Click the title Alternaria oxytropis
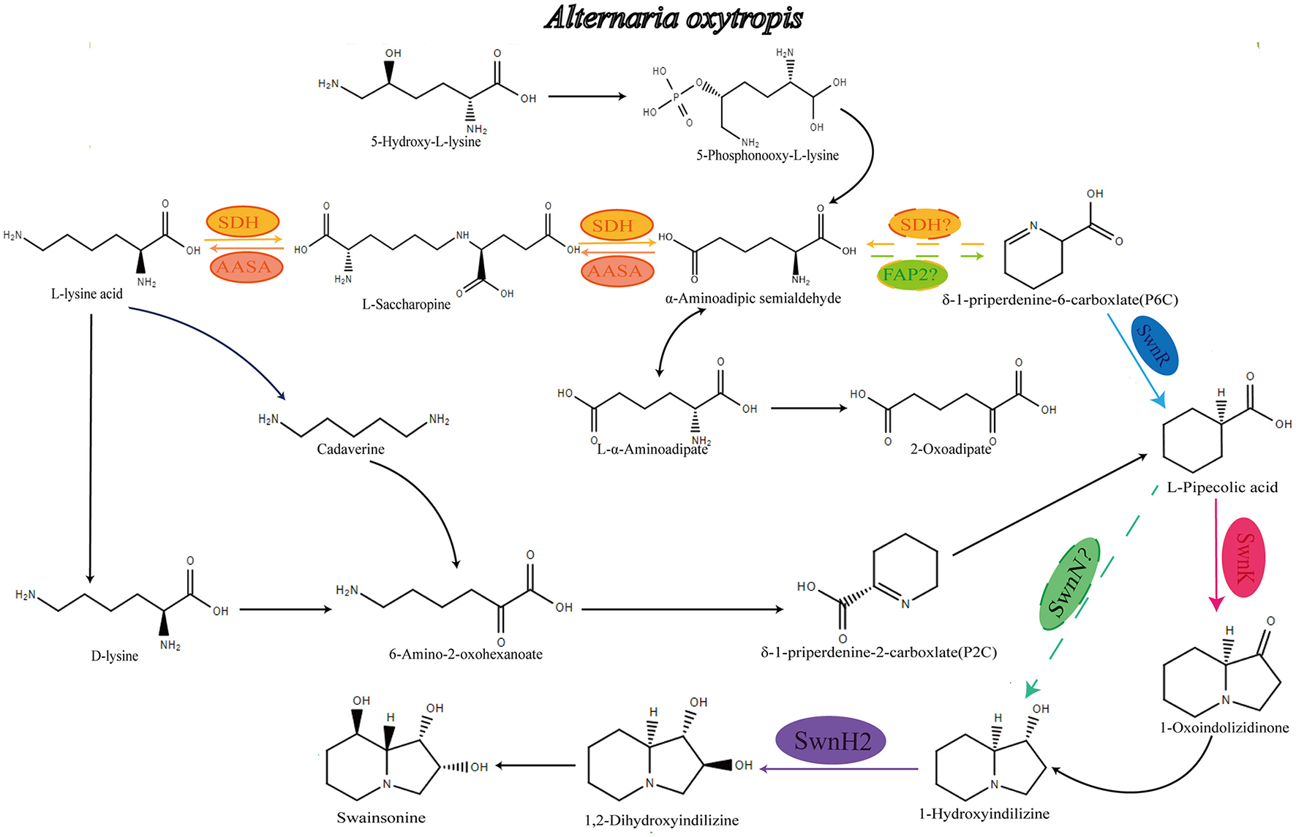(x=673, y=18)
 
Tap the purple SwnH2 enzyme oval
(x=831, y=741)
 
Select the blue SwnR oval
(x=1155, y=346)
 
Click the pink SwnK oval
(x=1243, y=557)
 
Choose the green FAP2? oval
(x=911, y=275)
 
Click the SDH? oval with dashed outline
(x=924, y=224)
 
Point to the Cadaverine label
(x=350, y=449)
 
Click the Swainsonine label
(x=381, y=817)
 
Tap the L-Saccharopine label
(x=406, y=304)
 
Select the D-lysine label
(x=114, y=656)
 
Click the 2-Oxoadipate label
(x=950, y=449)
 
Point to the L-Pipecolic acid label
(x=1222, y=488)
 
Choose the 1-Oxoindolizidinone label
(x=1224, y=727)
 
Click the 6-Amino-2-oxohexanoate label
(x=465, y=654)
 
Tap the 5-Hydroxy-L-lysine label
(x=426, y=142)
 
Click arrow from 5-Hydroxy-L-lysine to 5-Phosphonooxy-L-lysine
(x=587, y=96)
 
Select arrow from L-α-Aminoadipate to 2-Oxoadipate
(x=808, y=408)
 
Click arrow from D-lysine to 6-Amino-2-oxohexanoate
(x=285, y=609)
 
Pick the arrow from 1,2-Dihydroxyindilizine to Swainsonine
(x=536, y=765)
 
